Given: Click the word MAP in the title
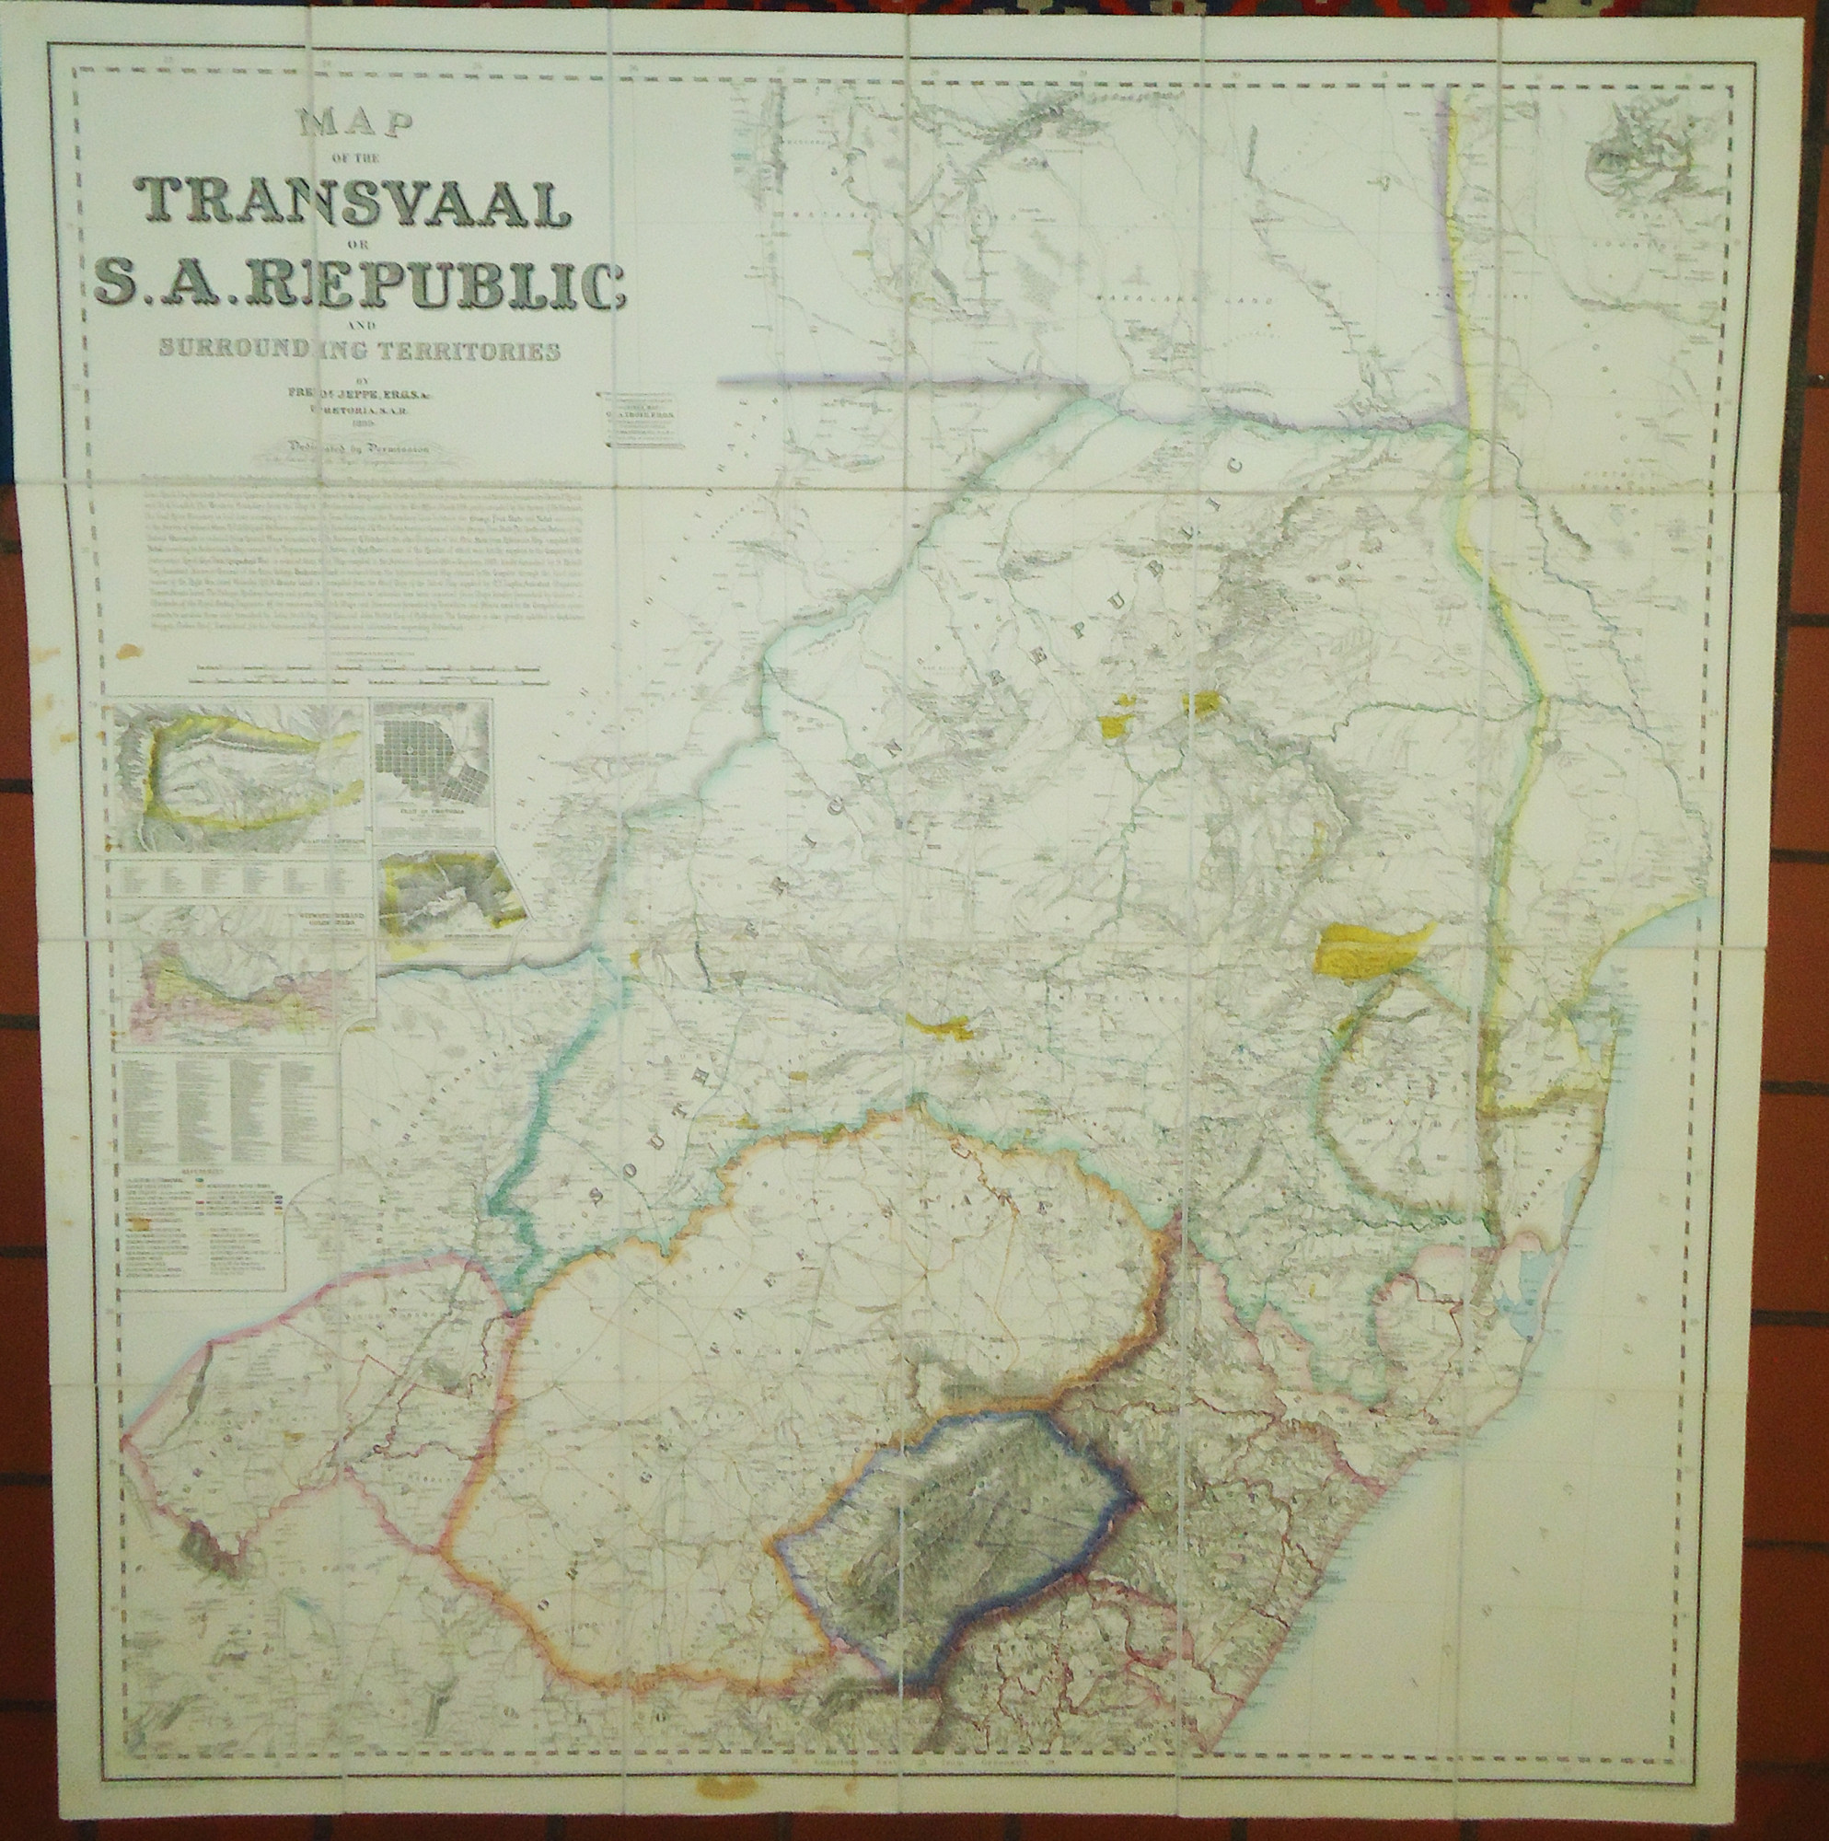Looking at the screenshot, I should coord(353,126).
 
